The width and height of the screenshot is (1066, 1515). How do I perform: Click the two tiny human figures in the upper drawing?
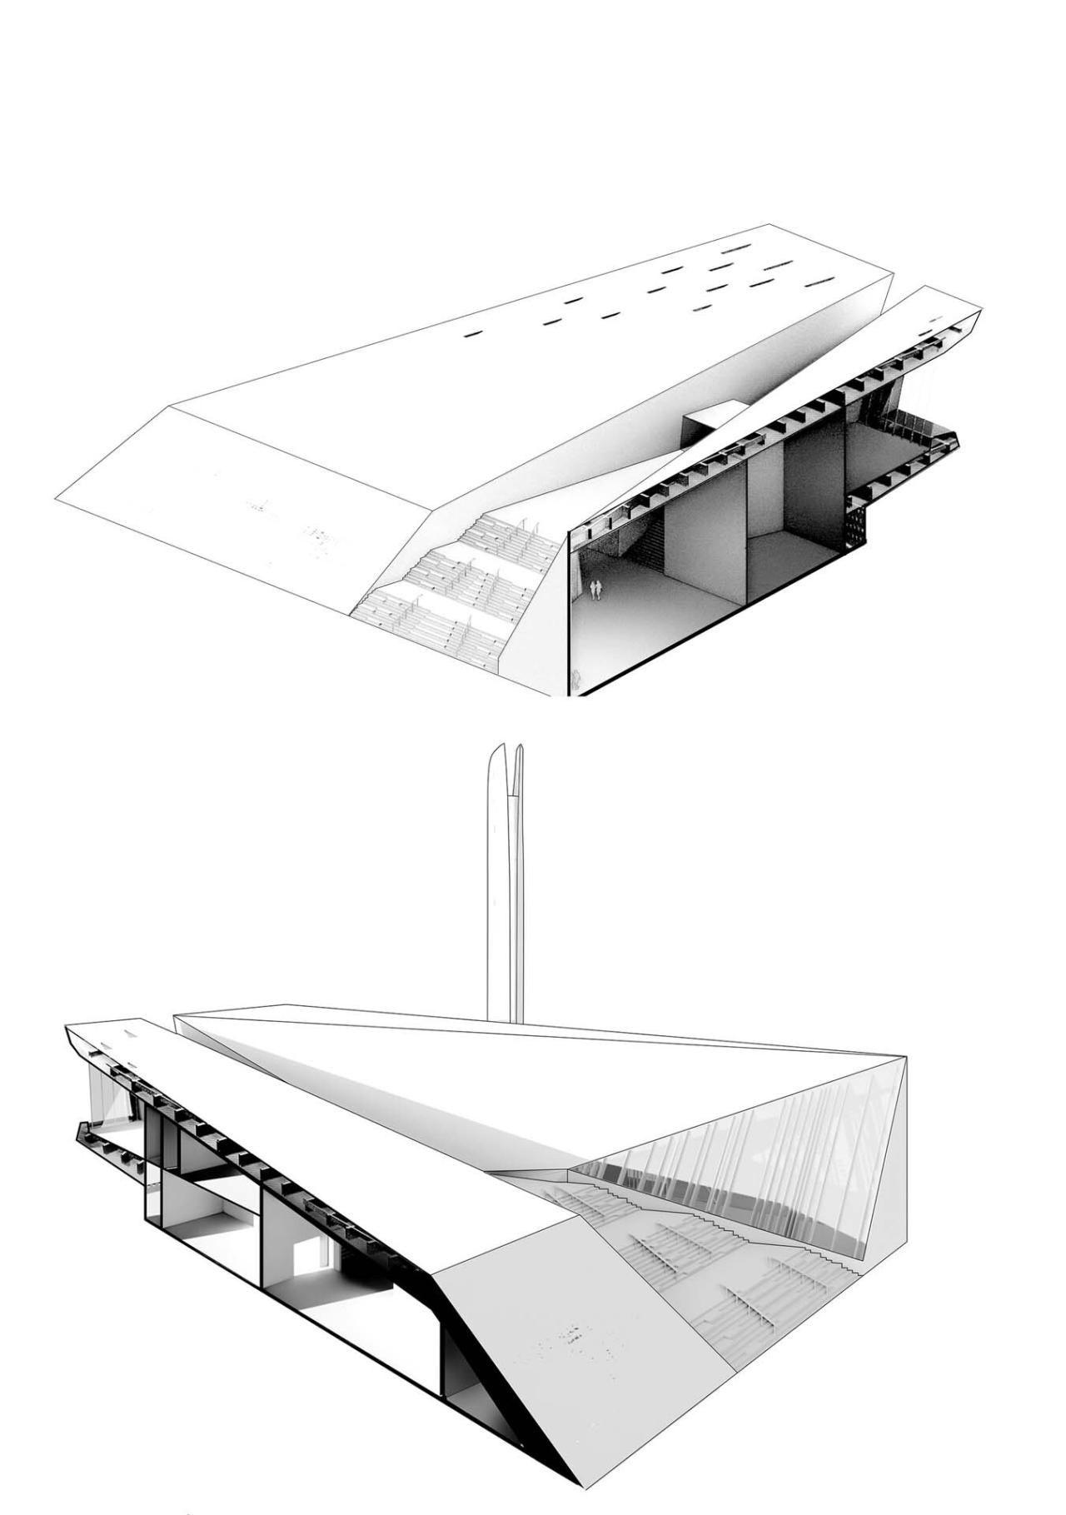(x=595, y=590)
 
